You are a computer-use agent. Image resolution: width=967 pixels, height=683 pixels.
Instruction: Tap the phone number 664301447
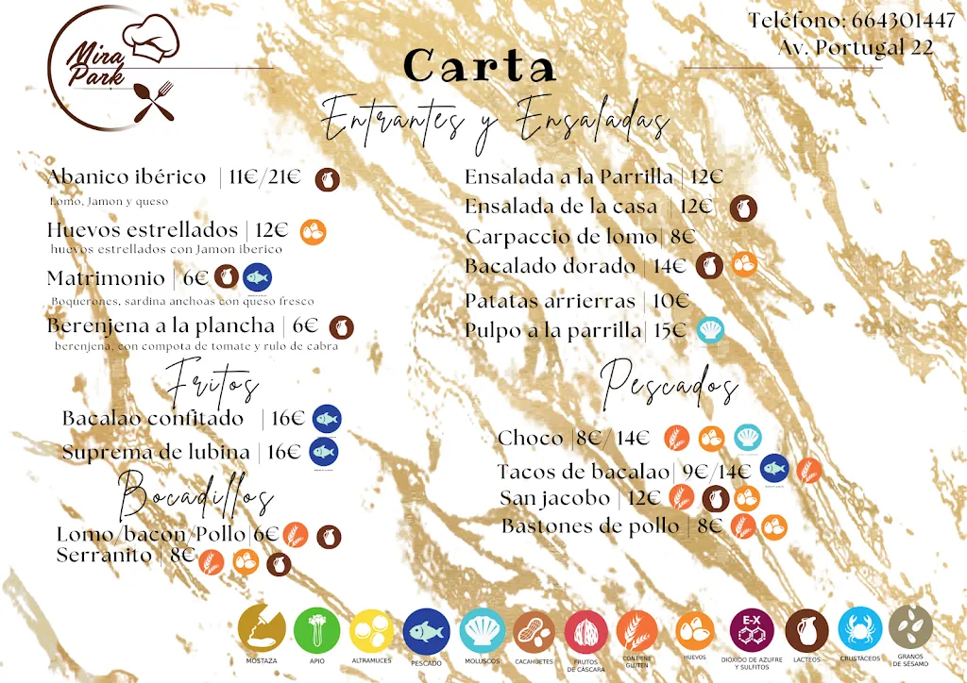(903, 21)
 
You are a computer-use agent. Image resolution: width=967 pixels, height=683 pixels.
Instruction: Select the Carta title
(480, 66)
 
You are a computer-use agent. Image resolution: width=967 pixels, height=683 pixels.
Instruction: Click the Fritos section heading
(212, 386)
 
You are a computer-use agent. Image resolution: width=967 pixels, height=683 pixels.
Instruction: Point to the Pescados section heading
(669, 383)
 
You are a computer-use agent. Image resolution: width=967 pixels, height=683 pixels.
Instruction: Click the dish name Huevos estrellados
(143, 230)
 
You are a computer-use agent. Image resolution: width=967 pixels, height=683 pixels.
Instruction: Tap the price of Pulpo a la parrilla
(670, 330)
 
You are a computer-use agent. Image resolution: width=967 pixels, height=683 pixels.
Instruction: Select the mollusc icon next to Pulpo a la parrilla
(710, 330)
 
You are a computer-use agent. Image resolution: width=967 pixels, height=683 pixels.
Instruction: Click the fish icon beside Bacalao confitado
(327, 419)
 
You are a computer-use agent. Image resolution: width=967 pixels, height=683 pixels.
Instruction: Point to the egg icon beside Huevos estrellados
(314, 231)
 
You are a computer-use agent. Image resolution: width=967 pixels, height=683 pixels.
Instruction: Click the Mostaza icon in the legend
(261, 628)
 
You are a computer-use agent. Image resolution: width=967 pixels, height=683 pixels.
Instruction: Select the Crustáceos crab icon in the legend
(859, 628)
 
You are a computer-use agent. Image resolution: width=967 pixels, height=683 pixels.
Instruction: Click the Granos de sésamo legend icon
(910, 627)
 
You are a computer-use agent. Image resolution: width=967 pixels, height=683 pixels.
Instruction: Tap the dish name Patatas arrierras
(550, 301)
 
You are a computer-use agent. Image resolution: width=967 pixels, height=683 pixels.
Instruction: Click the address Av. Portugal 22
(856, 47)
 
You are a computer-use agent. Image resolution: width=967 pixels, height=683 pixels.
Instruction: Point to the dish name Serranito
(104, 556)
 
